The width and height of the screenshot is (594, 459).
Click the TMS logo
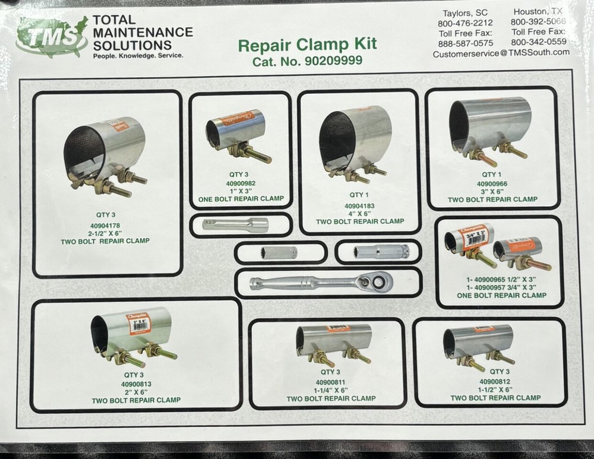point(52,36)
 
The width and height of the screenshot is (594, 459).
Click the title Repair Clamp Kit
point(307,45)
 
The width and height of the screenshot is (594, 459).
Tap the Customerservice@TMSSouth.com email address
point(501,52)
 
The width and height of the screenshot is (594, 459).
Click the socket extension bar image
point(235,224)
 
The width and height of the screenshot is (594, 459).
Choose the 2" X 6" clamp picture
point(135,338)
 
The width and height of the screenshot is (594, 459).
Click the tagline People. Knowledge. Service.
point(138,55)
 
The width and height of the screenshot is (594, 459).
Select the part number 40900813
point(135,384)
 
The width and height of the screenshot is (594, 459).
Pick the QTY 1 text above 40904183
point(359,194)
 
